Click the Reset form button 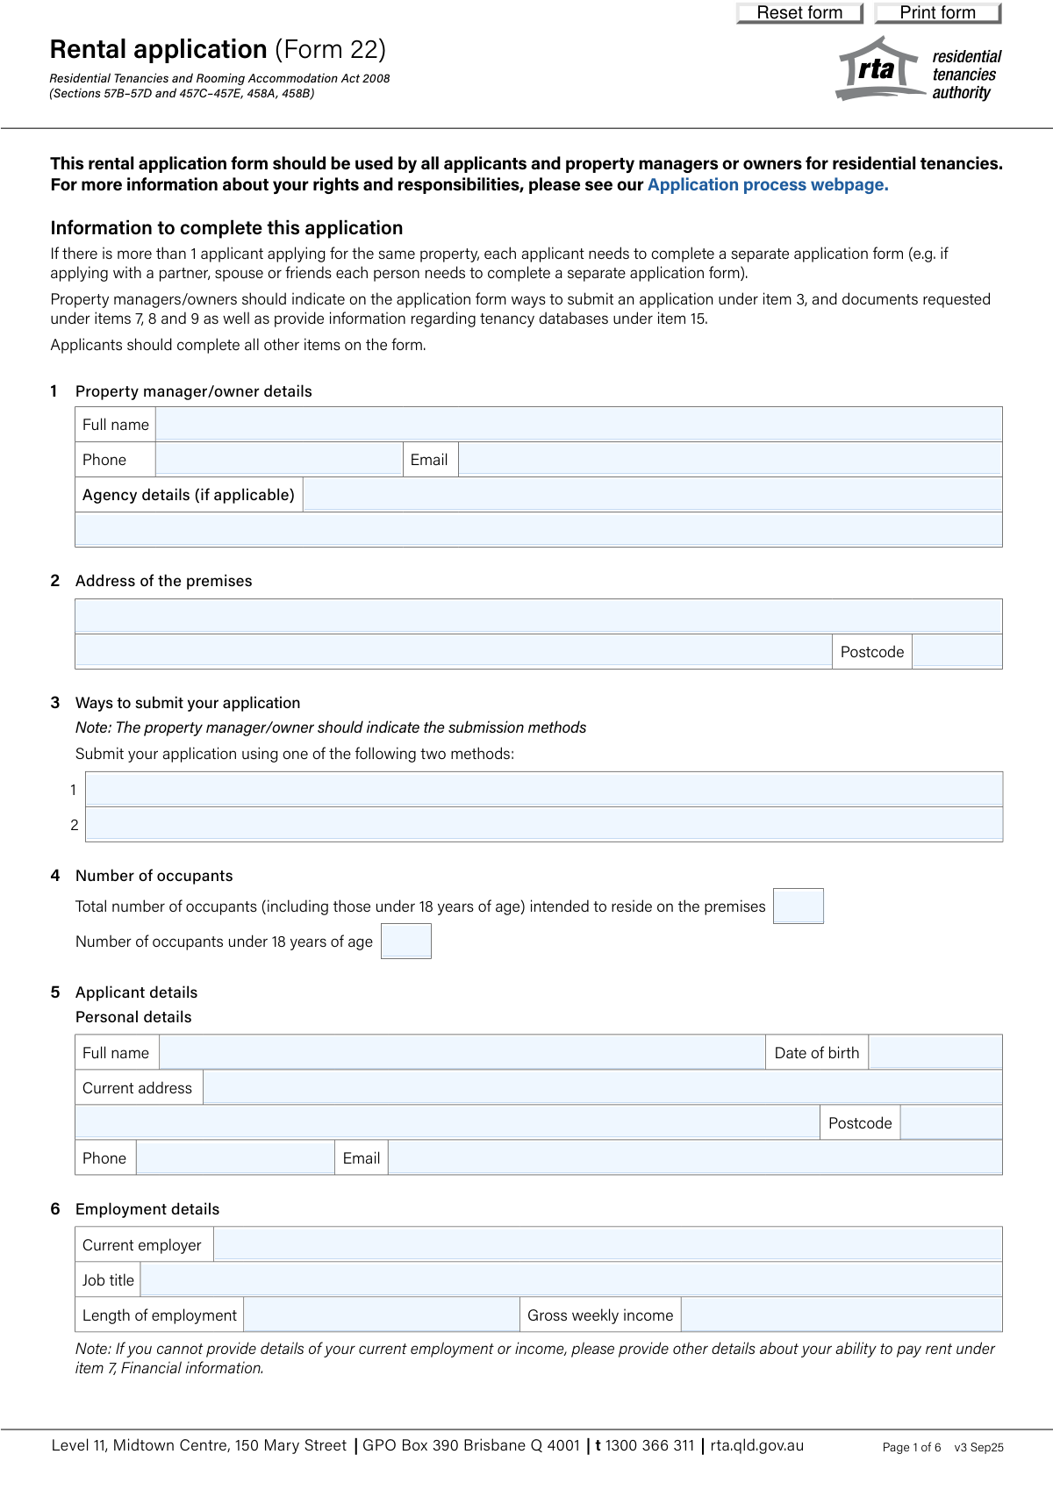799,13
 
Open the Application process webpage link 768,185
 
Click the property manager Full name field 579,425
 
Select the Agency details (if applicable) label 189,495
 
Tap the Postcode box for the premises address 956,652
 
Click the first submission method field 544,790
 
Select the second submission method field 544,825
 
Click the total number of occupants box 799,906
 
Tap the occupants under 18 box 406,942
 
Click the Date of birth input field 935,1053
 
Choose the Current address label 138,1088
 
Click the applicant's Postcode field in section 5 951,1123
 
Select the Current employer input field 607,1245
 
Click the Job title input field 570,1280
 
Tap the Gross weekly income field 842,1315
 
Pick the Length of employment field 382,1315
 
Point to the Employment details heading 147,1209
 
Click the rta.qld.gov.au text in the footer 757,1445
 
